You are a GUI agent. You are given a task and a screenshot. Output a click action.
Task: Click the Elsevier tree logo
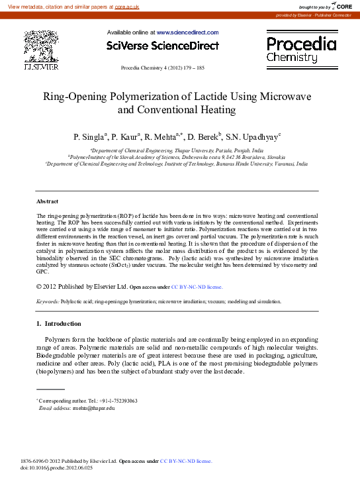pyautogui.click(x=41, y=48)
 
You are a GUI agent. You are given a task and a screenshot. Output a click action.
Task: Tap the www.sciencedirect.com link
pyautogui.click(x=187, y=32)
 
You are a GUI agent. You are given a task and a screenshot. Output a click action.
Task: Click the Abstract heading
pyautogui.click(x=47, y=201)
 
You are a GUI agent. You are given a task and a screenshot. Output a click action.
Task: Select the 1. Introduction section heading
pyautogui.click(x=58, y=324)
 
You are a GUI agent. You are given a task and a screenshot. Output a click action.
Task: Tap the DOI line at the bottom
pyautogui.click(x=57, y=467)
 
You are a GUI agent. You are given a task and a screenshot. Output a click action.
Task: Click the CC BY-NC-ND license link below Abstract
pyautogui.click(x=197, y=287)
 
